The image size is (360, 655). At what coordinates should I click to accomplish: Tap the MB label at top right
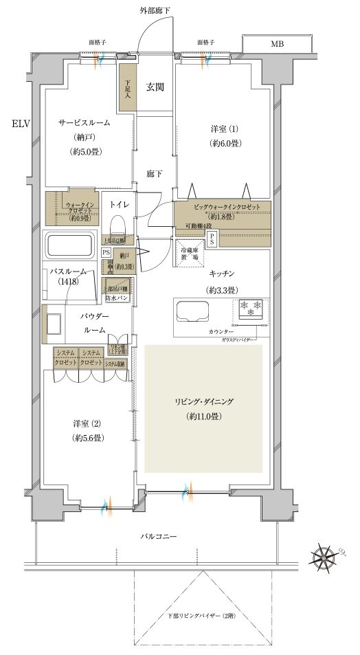[x=276, y=45]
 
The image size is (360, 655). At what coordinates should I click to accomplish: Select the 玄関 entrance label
[x=154, y=87]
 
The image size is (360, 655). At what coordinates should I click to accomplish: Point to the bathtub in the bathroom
[x=70, y=245]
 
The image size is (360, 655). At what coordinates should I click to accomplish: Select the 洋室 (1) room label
[x=224, y=129]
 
